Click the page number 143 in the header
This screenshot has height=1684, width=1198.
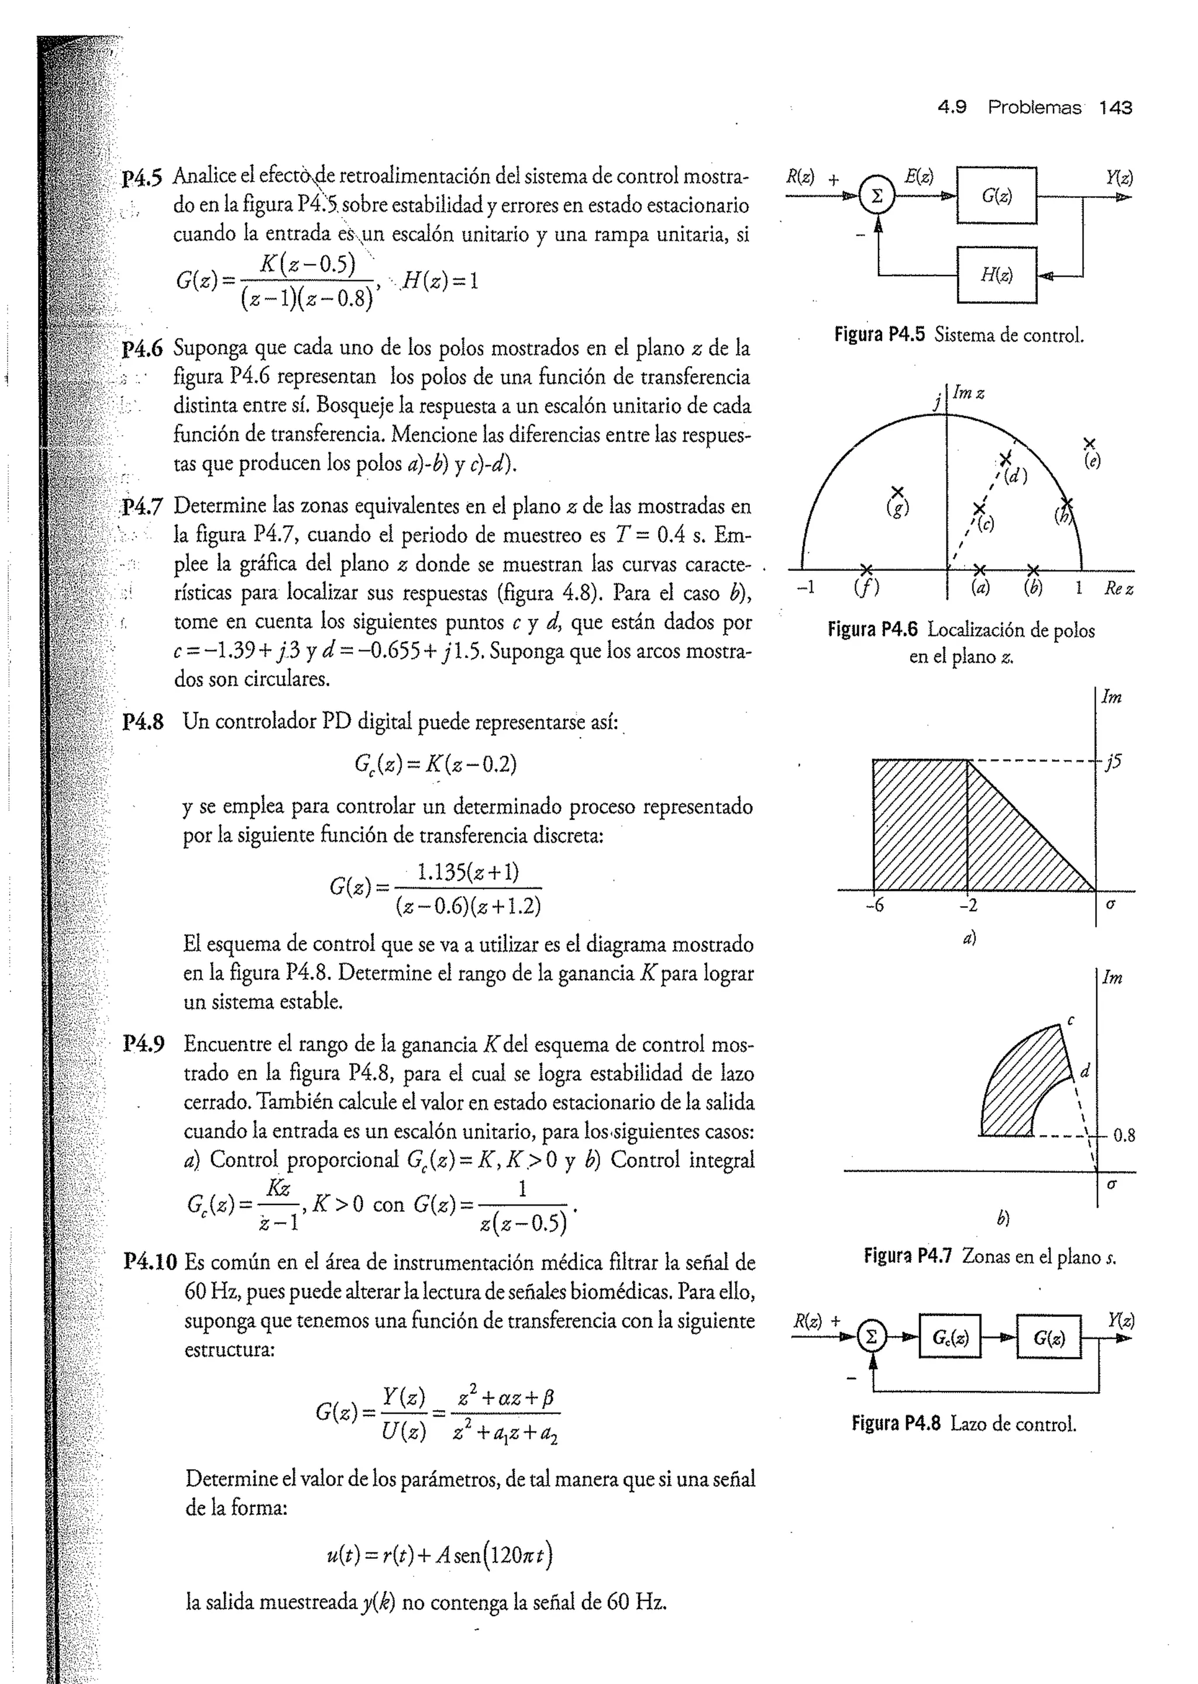coord(1114,108)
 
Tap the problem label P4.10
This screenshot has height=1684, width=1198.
coord(150,1261)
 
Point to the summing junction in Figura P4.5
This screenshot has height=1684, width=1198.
coord(877,196)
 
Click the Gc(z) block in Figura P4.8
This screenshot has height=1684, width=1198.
coord(949,1337)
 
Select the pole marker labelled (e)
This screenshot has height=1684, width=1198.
coord(1090,443)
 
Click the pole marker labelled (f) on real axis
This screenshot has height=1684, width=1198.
coord(867,570)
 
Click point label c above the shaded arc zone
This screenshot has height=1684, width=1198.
coord(1070,1020)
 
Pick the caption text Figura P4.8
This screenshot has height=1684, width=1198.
coord(896,1424)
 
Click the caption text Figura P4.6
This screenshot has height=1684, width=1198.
coord(873,630)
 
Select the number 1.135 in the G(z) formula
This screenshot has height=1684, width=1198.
coord(440,873)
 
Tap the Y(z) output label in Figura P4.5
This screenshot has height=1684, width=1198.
coord(1119,177)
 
